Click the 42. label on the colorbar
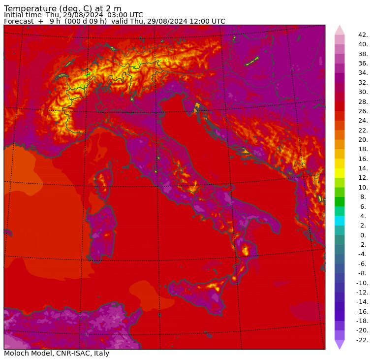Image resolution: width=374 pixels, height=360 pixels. (x=363, y=34)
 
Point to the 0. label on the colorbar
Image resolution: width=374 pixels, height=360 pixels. (x=363, y=235)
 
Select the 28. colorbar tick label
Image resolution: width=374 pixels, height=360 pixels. (x=363, y=101)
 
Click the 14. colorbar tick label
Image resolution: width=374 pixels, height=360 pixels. (x=363, y=168)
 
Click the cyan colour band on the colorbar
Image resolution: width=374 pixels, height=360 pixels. (x=340, y=221)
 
